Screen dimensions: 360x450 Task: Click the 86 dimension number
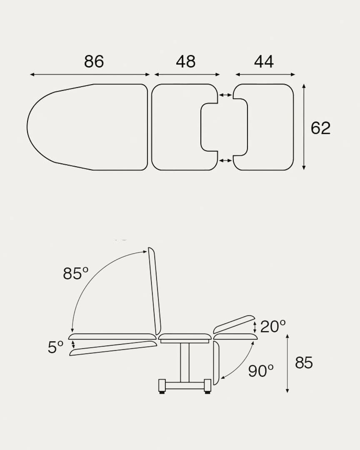tap(94, 61)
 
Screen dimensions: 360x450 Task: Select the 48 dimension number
tap(186, 61)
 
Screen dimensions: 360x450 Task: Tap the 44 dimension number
tap(264, 61)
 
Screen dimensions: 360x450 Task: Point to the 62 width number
tap(320, 128)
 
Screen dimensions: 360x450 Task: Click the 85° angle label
tap(75, 273)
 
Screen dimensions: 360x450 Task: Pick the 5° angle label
tap(55, 347)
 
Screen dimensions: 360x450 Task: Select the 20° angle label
tap(273, 326)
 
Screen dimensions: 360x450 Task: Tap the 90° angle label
tap(261, 371)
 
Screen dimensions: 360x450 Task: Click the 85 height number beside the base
tap(304, 363)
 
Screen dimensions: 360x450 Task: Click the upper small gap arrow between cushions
tap(225, 95)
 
